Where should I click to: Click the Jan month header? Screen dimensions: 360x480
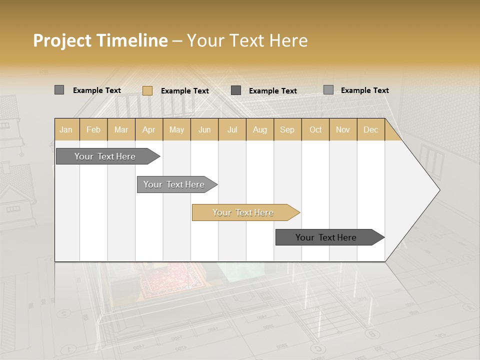click(x=66, y=130)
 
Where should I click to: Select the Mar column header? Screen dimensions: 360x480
click(x=121, y=130)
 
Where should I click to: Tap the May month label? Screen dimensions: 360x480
click(x=176, y=130)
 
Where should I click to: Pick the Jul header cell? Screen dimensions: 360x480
click(x=232, y=130)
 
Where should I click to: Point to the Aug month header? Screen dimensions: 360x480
click(x=259, y=130)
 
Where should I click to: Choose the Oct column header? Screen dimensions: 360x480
click(x=315, y=130)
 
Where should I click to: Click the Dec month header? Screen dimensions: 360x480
click(x=370, y=130)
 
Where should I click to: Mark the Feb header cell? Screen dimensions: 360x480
click(x=93, y=130)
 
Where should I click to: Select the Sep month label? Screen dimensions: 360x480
click(x=287, y=130)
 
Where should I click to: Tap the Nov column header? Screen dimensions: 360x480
click(x=343, y=130)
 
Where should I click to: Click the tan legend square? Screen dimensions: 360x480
click(x=147, y=90)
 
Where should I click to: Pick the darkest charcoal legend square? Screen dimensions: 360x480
click(x=236, y=90)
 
